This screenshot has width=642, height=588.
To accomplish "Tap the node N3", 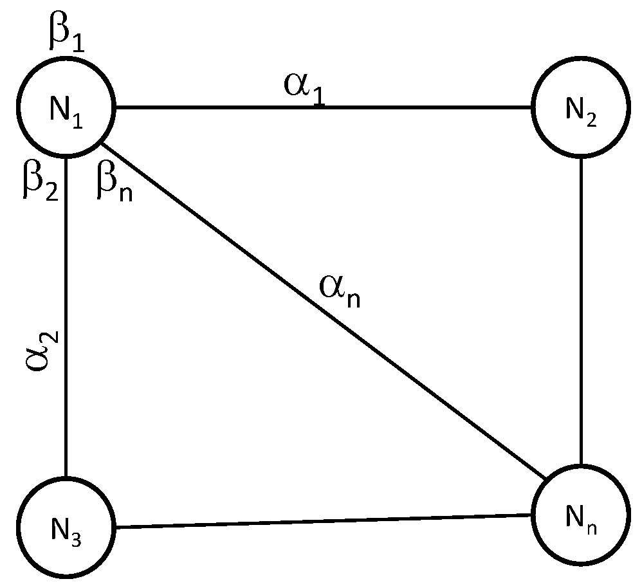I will pyautogui.click(x=66, y=528).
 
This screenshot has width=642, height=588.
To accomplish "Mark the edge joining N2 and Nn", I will pyautogui.click(x=581, y=309).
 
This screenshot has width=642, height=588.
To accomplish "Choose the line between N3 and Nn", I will pyautogui.click(x=322, y=522).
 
